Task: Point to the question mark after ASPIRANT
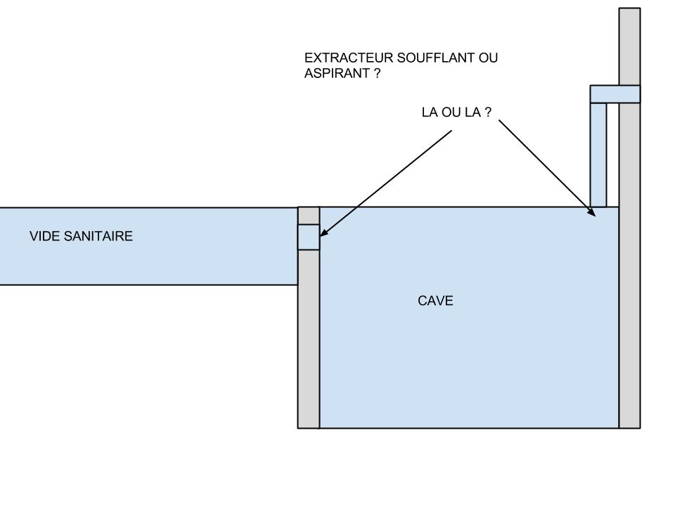[x=377, y=73]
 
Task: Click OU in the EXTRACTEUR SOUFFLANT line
[x=489, y=58]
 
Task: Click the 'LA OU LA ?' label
[x=456, y=112]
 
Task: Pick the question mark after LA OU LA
[x=488, y=112]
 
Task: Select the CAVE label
[x=435, y=301]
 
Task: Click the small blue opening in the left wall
[x=309, y=237]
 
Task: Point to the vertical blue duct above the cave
[x=598, y=155]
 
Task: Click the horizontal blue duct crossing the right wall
[x=615, y=94]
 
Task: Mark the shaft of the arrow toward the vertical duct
[x=545, y=166]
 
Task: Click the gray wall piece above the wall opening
[x=309, y=215]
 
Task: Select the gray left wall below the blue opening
[x=309, y=337]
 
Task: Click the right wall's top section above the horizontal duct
[x=629, y=46]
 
